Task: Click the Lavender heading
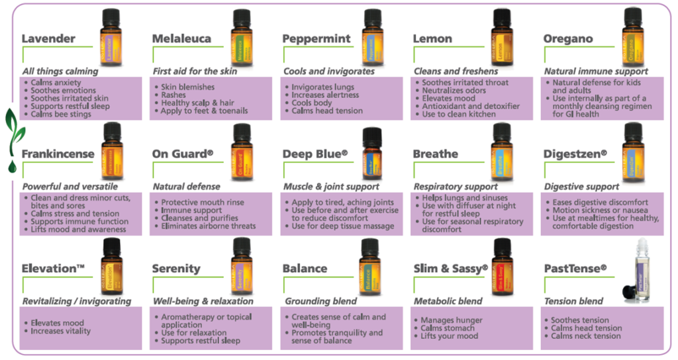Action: tap(48, 38)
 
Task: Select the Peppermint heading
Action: tap(316, 38)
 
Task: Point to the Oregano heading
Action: tap(567, 38)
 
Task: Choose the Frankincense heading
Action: tap(58, 154)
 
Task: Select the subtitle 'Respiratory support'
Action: tap(456, 187)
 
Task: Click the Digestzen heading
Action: tap(575, 154)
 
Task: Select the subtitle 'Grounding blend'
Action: tap(316, 301)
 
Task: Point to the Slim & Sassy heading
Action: tap(450, 269)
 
